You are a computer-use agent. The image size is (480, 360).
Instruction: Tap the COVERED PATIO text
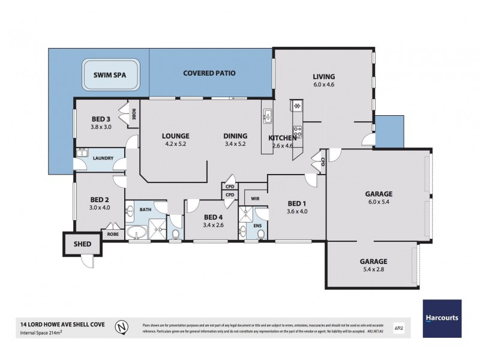point(209,73)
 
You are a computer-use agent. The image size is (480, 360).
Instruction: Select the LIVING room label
point(323,77)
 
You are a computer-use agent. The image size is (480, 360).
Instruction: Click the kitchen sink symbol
point(266,115)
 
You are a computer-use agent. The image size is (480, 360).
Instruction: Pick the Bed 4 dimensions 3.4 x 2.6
point(213,226)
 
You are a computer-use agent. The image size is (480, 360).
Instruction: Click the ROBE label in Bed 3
point(134,113)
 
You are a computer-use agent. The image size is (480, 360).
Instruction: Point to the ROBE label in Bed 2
point(113,234)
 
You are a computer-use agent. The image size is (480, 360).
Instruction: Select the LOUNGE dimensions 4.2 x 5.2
point(175,144)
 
